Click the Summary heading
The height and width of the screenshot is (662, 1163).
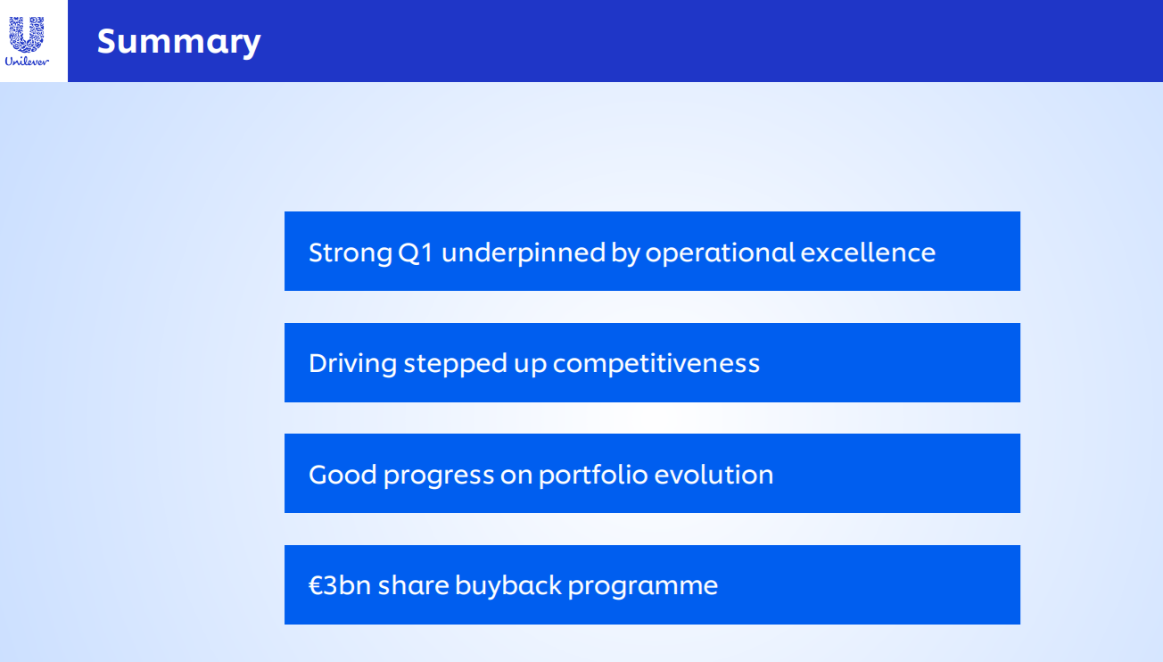coord(178,42)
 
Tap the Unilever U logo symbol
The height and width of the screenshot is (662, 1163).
coord(27,34)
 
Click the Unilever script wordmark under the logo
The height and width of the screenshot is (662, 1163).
coord(27,62)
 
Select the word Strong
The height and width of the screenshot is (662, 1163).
coord(351,253)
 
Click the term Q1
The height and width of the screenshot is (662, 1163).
coord(416,252)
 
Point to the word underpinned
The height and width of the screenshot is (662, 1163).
coord(524,253)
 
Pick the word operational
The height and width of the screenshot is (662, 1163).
coord(720,253)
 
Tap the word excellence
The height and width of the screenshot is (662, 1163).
coord(868,252)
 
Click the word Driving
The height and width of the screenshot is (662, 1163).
coord(353,364)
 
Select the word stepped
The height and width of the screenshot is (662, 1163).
coord(456,364)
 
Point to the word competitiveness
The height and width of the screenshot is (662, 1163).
coord(656,363)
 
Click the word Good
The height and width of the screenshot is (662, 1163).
coord(342,475)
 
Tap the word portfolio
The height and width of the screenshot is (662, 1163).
coord(593,475)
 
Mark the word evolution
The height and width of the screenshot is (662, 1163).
coord(713,475)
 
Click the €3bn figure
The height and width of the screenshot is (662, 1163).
coord(340,585)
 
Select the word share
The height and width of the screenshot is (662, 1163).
coord(413,585)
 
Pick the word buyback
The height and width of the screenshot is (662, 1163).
coord(508,586)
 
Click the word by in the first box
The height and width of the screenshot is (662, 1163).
coord(625,253)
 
